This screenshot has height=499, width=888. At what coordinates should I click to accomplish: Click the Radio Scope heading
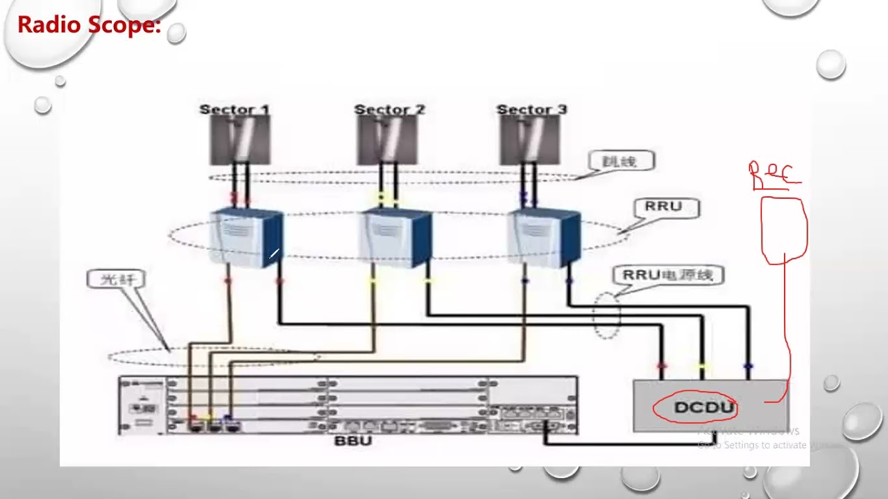pyautogui.click(x=89, y=25)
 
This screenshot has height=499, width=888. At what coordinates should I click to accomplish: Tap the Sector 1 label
pyautogui.click(x=234, y=110)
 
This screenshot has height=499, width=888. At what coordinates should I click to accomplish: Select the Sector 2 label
pyautogui.click(x=388, y=110)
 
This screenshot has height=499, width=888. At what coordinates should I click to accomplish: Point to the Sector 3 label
pyautogui.click(x=531, y=110)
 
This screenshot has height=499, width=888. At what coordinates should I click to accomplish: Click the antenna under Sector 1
pyautogui.click(x=240, y=140)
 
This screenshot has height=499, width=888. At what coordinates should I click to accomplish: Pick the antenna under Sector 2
pyautogui.click(x=387, y=140)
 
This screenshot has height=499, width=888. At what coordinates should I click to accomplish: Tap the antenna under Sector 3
pyautogui.click(x=529, y=140)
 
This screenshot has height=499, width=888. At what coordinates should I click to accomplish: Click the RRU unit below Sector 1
pyautogui.click(x=246, y=237)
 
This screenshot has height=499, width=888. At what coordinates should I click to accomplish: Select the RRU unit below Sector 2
pyautogui.click(x=395, y=237)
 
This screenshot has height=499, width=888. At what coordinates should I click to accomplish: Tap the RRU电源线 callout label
pyautogui.click(x=667, y=275)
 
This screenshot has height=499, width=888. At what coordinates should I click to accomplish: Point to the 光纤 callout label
pyautogui.click(x=115, y=279)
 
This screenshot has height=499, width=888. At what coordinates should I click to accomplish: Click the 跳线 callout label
pyautogui.click(x=622, y=161)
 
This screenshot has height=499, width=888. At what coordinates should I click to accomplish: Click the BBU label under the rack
pyautogui.click(x=353, y=441)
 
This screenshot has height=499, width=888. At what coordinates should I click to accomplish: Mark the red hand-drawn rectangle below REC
pyautogui.click(x=785, y=231)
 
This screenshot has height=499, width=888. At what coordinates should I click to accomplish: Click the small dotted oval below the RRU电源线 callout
pyautogui.click(x=606, y=315)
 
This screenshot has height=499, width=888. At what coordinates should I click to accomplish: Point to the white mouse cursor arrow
pyautogui.click(x=273, y=254)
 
